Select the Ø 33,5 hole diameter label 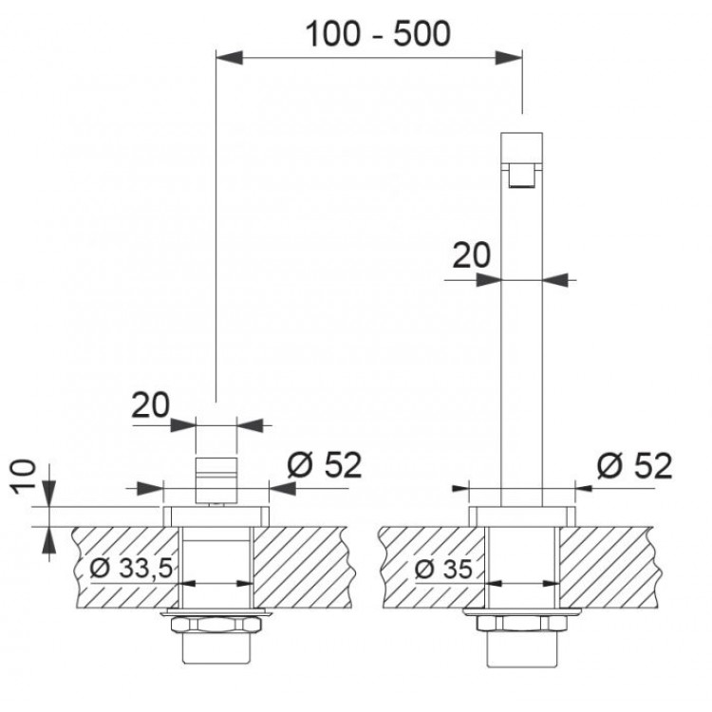click(130, 570)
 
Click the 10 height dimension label click(28, 475)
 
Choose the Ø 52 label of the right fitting click(635, 465)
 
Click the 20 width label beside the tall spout click(472, 257)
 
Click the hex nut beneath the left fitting click(216, 628)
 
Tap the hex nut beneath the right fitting click(521, 628)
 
